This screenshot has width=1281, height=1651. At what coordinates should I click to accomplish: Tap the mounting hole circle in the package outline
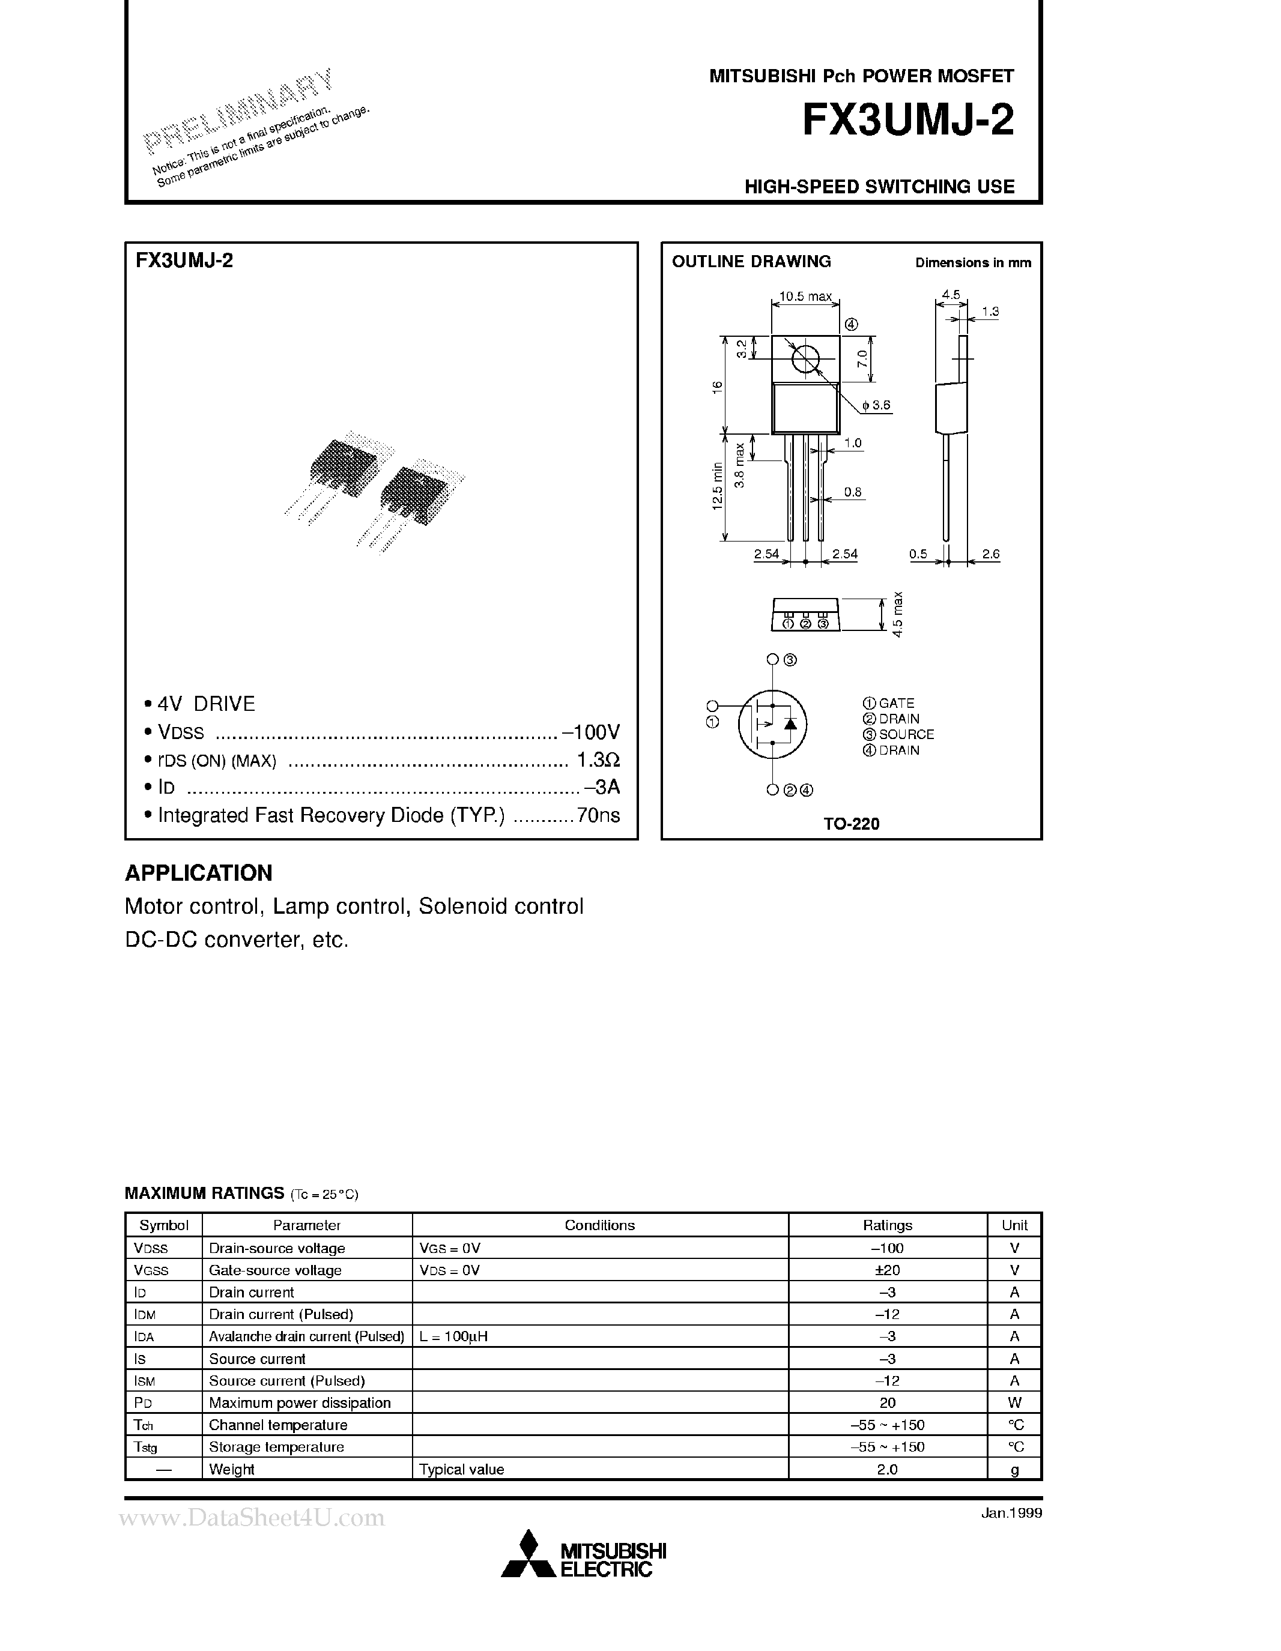tap(805, 359)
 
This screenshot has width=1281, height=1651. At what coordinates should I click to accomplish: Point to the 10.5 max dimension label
tap(805, 297)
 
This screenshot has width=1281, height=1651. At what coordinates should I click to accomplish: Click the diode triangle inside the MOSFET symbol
tap(790, 723)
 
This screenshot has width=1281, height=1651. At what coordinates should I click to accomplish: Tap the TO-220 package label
tap(852, 824)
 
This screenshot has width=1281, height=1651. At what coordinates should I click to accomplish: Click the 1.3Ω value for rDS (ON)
tap(598, 759)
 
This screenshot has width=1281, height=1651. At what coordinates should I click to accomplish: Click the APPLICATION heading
tap(198, 873)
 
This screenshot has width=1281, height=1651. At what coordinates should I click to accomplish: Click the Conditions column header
tap(600, 1225)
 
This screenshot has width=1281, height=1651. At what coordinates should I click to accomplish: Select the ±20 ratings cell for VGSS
tap(887, 1270)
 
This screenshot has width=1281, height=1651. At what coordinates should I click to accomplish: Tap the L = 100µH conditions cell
tap(453, 1336)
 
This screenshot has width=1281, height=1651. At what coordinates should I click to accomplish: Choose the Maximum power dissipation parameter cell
tap(300, 1403)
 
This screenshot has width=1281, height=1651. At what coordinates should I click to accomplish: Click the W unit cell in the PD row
tap(1014, 1403)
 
